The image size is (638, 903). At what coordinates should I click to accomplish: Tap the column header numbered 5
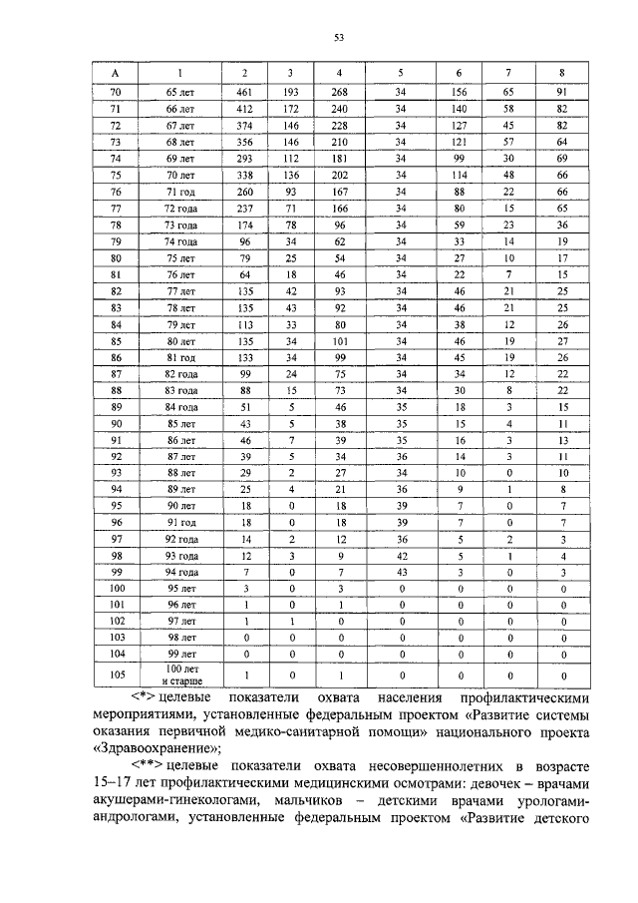click(401, 73)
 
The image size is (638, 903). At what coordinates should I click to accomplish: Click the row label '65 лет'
click(180, 92)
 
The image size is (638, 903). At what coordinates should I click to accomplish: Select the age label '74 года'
click(180, 241)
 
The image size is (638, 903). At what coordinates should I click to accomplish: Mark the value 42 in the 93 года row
click(401, 554)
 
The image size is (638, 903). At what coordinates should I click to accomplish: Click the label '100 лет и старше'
click(180, 675)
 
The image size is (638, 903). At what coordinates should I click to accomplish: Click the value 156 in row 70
click(459, 92)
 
